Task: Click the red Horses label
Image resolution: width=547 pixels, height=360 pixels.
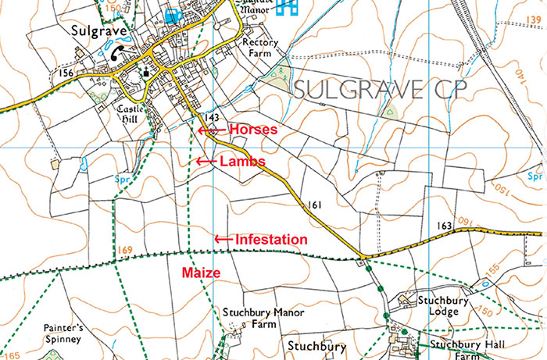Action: [x=252, y=130]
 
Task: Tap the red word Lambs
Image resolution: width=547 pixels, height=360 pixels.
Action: [x=242, y=161]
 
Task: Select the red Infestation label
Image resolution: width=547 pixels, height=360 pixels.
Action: [x=271, y=239]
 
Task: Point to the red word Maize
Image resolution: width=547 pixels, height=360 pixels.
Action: [x=199, y=273]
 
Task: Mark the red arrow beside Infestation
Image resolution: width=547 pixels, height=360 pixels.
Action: [x=224, y=239]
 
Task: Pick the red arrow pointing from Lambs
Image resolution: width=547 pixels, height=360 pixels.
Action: [x=206, y=161]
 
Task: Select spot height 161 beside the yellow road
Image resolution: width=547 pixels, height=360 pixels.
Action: [x=315, y=205]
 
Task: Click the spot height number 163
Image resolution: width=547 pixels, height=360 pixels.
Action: [x=445, y=225]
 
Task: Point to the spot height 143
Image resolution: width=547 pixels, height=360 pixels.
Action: [x=210, y=116]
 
